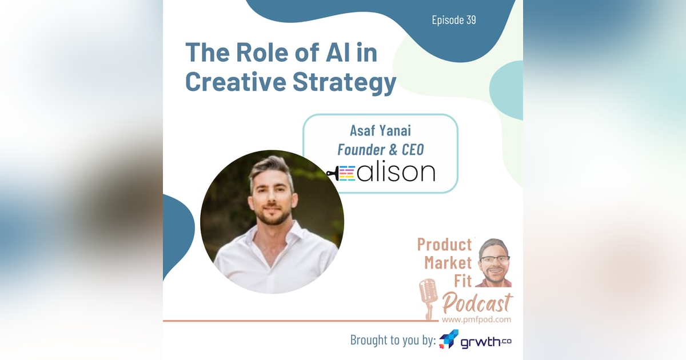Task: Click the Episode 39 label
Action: (454, 20)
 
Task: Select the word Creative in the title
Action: (236, 82)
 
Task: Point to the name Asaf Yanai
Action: (380, 132)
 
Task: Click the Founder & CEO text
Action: (380, 150)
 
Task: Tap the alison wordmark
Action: (396, 172)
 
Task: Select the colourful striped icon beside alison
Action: (346, 173)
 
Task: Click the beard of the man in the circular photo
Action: (273, 217)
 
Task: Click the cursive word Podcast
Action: (477, 301)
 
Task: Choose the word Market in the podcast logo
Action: (448, 263)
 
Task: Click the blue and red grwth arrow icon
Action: (449, 339)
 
